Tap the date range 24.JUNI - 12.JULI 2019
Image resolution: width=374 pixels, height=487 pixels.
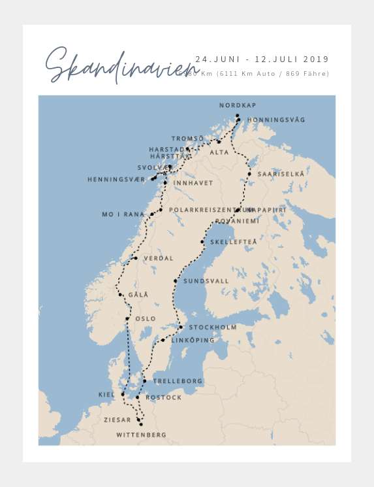(262, 59)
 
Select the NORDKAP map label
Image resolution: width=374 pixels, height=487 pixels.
(238, 105)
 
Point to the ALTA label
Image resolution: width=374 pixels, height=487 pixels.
(219, 152)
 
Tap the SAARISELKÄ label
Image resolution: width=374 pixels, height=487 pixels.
(281, 175)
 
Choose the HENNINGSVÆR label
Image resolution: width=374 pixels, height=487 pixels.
(116, 179)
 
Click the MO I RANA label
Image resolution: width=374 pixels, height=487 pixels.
(123, 214)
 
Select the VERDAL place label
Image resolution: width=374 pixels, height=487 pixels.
(158, 258)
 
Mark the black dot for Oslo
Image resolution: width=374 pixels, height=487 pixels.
(127, 319)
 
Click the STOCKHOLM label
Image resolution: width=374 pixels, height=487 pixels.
(212, 327)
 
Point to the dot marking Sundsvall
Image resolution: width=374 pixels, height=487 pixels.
(176, 281)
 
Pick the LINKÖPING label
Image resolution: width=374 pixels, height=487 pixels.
(193, 341)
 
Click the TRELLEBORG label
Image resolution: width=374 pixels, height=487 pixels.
(178, 381)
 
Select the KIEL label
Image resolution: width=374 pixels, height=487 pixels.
(106, 395)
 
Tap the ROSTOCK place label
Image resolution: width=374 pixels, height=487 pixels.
(164, 397)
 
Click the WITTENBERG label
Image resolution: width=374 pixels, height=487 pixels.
(141, 435)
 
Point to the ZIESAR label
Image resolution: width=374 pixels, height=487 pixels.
(117, 420)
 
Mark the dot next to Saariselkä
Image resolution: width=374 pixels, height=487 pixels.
(249, 174)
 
